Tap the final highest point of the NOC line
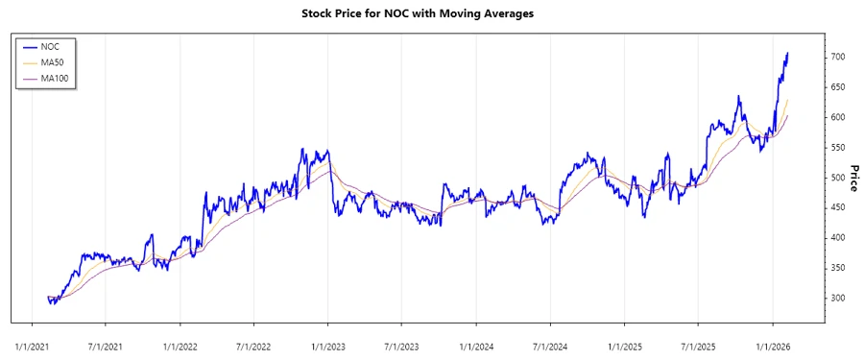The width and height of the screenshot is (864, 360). pos(788,53)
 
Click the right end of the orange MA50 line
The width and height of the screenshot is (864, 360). pos(788,100)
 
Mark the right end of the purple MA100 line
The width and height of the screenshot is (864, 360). pos(788,116)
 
